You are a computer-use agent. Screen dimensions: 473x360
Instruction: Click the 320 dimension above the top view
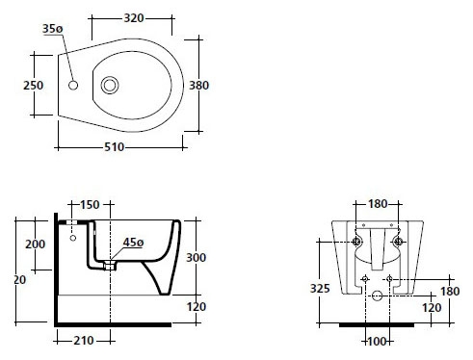134,18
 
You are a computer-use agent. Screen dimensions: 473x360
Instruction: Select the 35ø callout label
53,29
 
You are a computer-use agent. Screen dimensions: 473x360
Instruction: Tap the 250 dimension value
33,86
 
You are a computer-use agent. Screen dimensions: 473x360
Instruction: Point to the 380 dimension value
198,86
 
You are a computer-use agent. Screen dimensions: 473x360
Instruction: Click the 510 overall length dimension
115,147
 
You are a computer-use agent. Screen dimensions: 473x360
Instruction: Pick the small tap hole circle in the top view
73,85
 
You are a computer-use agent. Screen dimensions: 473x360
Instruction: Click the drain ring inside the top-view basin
110,86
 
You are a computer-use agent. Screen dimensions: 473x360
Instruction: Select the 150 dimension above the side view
90,204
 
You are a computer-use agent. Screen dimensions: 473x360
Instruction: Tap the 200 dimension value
36,244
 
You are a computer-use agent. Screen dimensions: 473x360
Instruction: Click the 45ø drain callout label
133,243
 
